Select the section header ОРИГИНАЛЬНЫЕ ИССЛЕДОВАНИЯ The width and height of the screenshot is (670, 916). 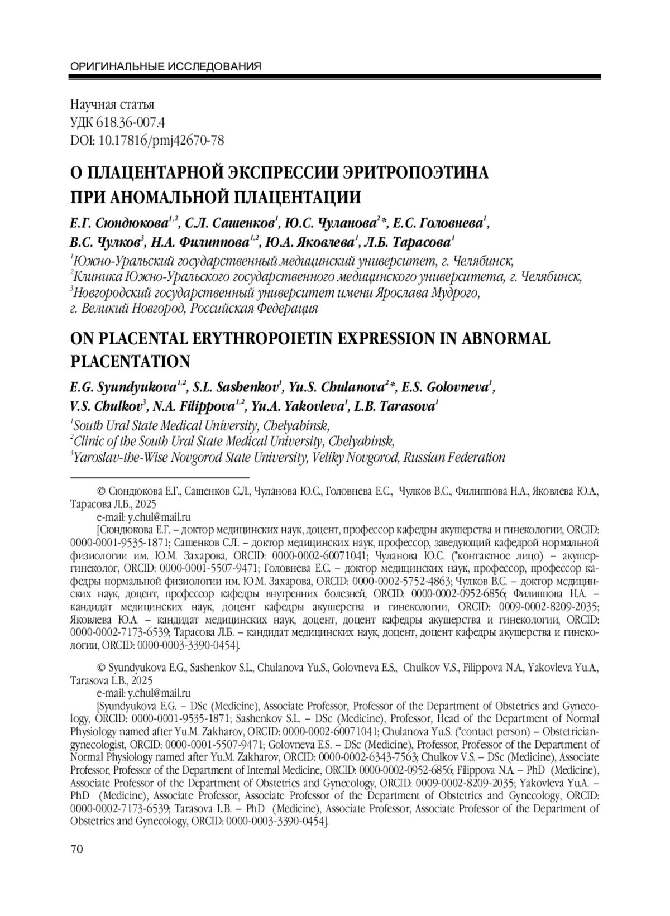point(166,67)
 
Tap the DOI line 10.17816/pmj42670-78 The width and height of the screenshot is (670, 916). point(161,140)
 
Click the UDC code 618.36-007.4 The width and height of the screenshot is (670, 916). point(131,122)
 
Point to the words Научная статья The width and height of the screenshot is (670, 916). point(112,104)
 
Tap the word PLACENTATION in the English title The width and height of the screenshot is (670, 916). point(130,362)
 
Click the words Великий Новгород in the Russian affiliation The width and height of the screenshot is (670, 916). point(132,308)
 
